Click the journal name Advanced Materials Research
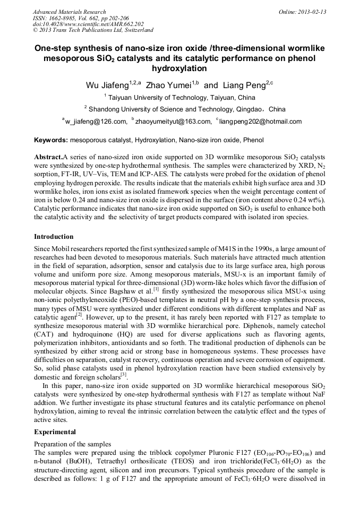69,12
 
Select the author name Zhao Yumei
165,85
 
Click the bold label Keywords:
51,140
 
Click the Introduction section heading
54,237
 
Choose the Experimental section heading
55,432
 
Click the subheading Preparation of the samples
72,444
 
